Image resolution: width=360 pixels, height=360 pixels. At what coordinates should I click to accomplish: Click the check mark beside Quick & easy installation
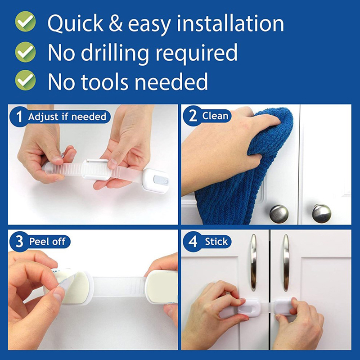click(x=25, y=21)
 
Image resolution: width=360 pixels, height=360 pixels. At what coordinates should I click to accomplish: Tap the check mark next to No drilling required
click(x=25, y=52)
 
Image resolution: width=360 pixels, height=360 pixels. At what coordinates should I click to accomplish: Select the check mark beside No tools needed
click(x=25, y=81)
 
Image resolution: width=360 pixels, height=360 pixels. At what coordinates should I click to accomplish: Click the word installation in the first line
click(x=230, y=23)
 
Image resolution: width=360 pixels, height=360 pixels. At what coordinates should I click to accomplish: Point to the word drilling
click(x=115, y=53)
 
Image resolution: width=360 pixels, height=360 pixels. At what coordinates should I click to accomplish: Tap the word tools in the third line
click(x=104, y=82)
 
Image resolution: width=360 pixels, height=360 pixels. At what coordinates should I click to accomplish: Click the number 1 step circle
click(x=19, y=117)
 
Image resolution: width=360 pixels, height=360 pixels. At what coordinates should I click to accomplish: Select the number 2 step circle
click(x=193, y=116)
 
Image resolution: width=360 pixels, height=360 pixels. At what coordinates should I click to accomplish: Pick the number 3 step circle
click(x=19, y=242)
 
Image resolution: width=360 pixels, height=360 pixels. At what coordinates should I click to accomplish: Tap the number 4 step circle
click(x=193, y=242)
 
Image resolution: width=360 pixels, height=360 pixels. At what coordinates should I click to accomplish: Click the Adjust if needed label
click(x=67, y=117)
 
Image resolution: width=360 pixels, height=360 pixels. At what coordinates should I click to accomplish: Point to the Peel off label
click(x=47, y=242)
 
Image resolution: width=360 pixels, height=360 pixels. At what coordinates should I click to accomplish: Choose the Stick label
click(x=216, y=242)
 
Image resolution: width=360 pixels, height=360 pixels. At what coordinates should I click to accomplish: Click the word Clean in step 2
click(x=215, y=116)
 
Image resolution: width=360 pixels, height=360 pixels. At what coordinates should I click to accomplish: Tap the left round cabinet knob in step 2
click(x=279, y=214)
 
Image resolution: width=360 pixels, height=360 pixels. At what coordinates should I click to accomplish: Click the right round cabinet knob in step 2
click(x=321, y=213)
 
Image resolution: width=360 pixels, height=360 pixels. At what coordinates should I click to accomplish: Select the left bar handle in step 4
click(x=253, y=262)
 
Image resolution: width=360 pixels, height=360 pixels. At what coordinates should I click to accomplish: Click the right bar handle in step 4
click(x=286, y=262)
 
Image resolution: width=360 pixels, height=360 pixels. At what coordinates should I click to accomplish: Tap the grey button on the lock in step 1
click(x=160, y=180)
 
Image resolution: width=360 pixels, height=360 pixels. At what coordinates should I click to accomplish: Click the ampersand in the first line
click(x=116, y=23)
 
